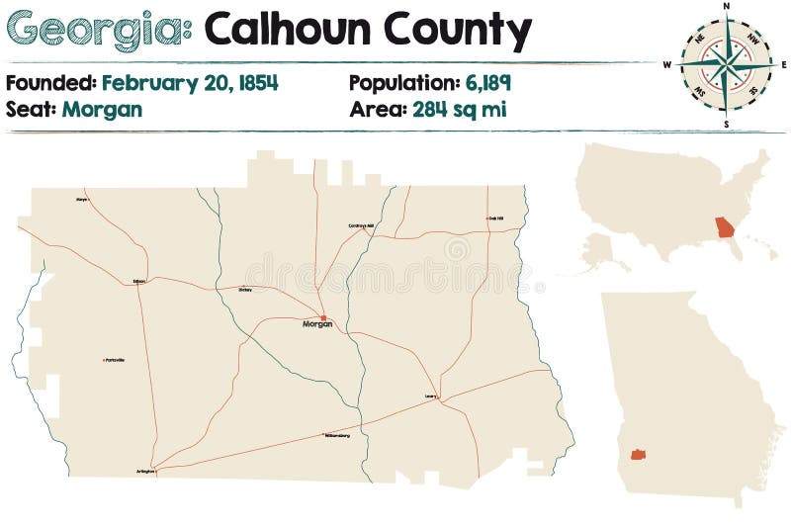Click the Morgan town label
316,324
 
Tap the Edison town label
138,282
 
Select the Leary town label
430,396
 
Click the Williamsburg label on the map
337,435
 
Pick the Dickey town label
245,290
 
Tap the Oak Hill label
495,219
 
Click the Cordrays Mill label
361,226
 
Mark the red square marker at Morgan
323,317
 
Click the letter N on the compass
727,6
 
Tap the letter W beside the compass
667,65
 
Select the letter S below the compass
726,125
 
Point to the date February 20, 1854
190,83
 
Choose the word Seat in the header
30,109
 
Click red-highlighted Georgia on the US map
727,228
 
